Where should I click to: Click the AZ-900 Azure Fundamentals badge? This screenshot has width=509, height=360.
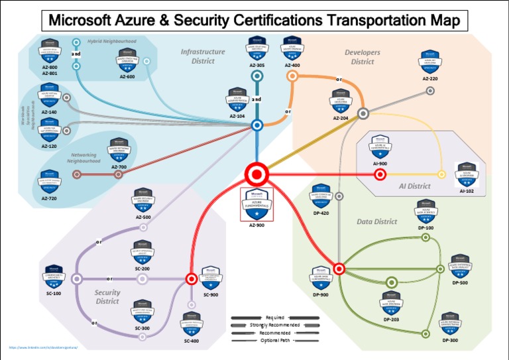click(256, 203)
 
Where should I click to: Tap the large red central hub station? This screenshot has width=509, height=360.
click(256, 174)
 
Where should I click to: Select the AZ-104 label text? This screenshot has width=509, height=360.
click(237, 116)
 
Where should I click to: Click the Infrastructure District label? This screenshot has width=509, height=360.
click(203, 56)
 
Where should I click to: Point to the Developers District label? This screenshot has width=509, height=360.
click(363, 57)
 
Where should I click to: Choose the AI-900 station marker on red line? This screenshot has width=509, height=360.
click(380, 174)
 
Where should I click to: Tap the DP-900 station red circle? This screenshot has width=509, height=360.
click(339, 269)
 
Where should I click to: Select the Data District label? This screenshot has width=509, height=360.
click(376, 221)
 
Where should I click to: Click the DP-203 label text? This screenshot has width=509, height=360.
click(391, 319)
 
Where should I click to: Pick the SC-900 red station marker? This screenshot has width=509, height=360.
click(192, 279)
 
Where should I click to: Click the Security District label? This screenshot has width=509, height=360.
click(107, 296)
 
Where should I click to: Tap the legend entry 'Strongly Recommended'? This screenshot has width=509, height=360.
click(274, 325)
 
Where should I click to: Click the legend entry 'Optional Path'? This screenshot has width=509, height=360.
click(274, 340)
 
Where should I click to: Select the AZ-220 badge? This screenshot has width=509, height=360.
click(430, 62)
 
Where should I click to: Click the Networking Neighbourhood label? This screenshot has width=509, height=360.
click(84, 157)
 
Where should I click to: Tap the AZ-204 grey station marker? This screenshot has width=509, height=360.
click(363, 113)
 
